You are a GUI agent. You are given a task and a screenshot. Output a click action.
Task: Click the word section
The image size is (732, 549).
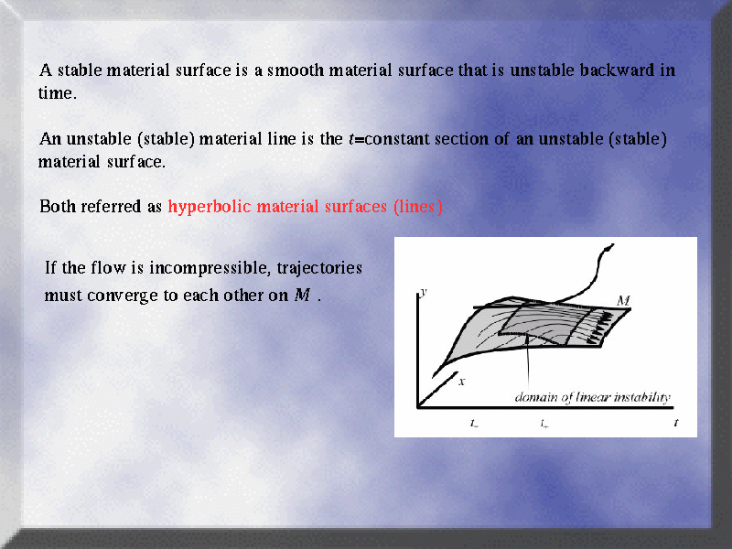(x=463, y=139)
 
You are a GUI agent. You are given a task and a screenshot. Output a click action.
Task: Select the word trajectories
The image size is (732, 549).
(x=319, y=268)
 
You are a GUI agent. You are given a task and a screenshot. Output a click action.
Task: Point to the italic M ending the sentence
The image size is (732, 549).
(x=302, y=295)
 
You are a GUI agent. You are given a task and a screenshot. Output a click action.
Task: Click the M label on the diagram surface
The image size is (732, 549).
(x=623, y=300)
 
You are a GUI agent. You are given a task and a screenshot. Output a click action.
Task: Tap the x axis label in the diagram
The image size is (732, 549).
(x=462, y=382)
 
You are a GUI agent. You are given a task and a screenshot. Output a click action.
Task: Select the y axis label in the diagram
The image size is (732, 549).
(x=424, y=292)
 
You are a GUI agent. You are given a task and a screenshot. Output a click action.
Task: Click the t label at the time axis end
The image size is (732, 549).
(x=676, y=423)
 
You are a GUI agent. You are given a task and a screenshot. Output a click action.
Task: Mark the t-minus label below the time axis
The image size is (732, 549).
(x=474, y=424)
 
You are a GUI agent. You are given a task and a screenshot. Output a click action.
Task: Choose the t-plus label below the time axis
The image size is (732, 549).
(x=544, y=424)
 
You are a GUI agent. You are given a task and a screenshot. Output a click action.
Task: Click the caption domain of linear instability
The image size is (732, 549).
(x=592, y=397)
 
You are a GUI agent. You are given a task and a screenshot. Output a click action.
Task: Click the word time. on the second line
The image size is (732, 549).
(x=57, y=93)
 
